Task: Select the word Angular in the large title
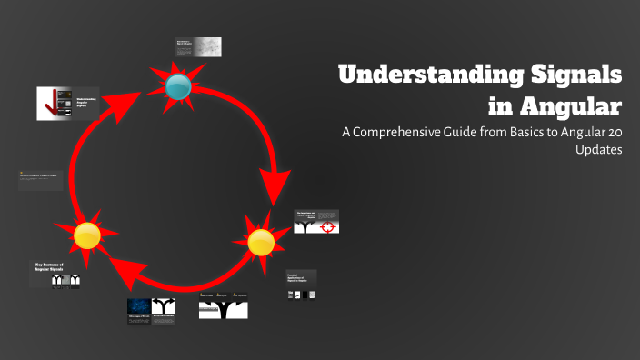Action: click(570, 105)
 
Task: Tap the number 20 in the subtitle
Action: click(614, 133)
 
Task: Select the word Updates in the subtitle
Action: click(598, 151)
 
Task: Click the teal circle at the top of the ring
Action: click(178, 86)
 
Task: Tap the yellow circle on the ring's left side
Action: click(86, 235)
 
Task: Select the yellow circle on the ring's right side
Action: click(260, 242)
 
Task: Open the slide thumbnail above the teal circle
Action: click(197, 48)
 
